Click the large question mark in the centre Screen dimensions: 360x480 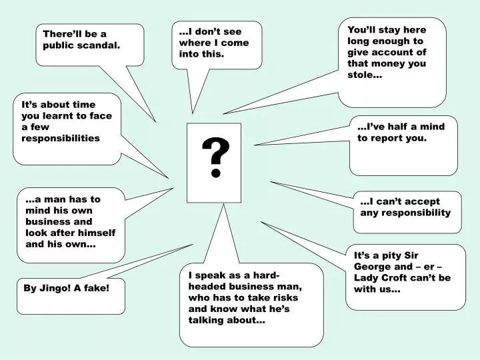coord(215,159)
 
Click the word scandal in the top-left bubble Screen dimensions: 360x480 coord(100,45)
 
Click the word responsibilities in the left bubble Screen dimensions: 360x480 coord(61,138)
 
